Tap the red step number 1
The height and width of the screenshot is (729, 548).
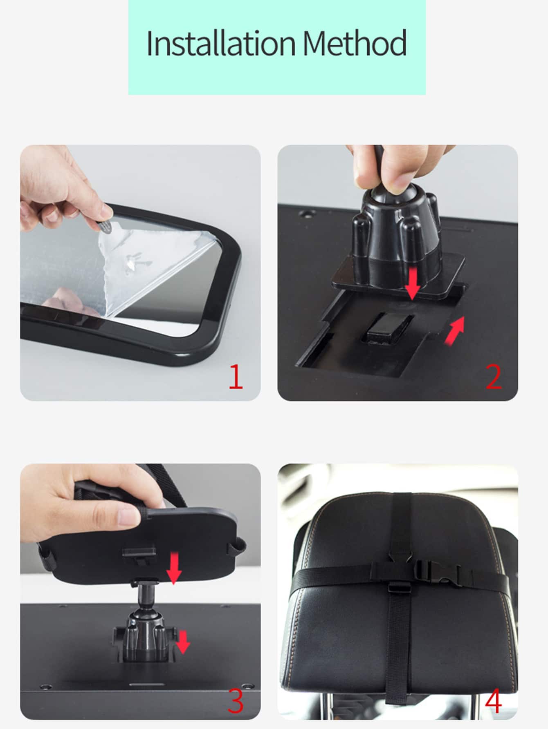pyautogui.click(x=236, y=377)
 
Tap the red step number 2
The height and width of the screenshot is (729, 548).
pyautogui.click(x=494, y=377)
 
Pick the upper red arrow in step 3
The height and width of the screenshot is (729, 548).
pyautogui.click(x=174, y=568)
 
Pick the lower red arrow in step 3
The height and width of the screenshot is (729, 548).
pyautogui.click(x=183, y=642)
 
